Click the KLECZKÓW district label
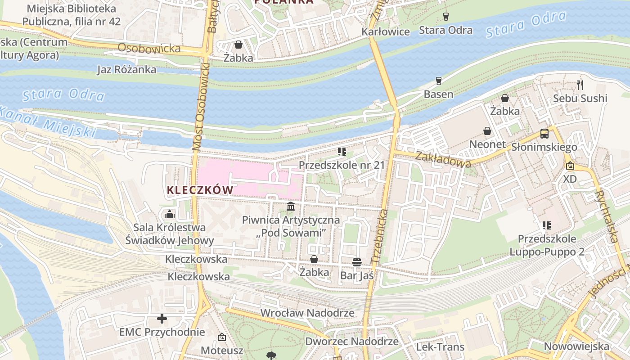pyautogui.click(x=200, y=190)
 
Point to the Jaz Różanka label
pyautogui.click(x=127, y=69)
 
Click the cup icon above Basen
pyautogui.click(x=439, y=81)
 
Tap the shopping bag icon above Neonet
pyautogui.click(x=487, y=131)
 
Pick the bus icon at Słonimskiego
pyautogui.click(x=544, y=134)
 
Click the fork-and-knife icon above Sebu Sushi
pyautogui.click(x=580, y=85)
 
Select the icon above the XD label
pyautogui.click(x=570, y=166)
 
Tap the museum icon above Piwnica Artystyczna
pyautogui.click(x=291, y=207)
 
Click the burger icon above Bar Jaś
pyautogui.click(x=357, y=262)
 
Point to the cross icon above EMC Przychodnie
pyautogui.click(x=162, y=319)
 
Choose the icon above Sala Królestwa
pyautogui.click(x=170, y=214)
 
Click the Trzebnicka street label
pyautogui.click(x=379, y=237)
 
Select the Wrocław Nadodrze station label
pyautogui.click(x=307, y=313)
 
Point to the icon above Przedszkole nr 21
pyautogui.click(x=342, y=152)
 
